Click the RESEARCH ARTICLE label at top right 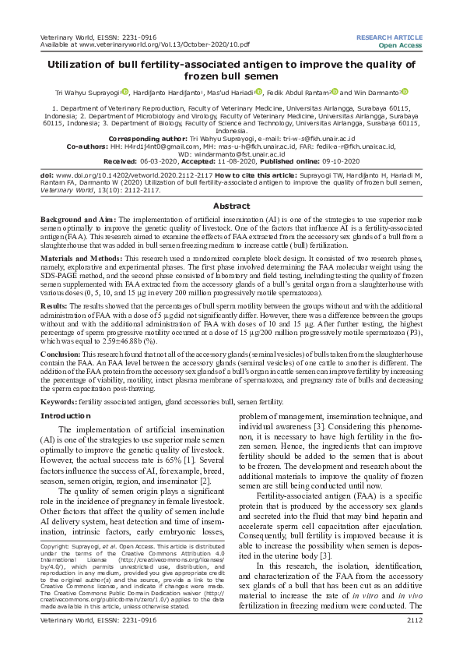tap(389, 37)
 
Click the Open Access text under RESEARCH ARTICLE tap(401, 45)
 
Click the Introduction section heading tap(65, 416)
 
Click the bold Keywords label tap(58, 400)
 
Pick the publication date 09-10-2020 tap(321, 163)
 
